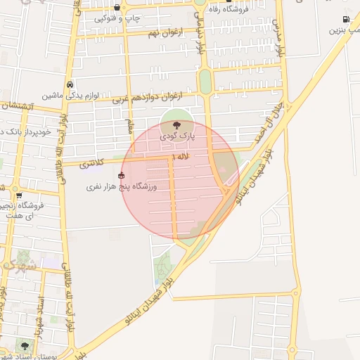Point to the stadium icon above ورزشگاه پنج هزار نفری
(122, 175)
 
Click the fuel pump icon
(346, 19)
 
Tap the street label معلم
(129, 126)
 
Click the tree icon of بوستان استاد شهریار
(25, 346)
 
